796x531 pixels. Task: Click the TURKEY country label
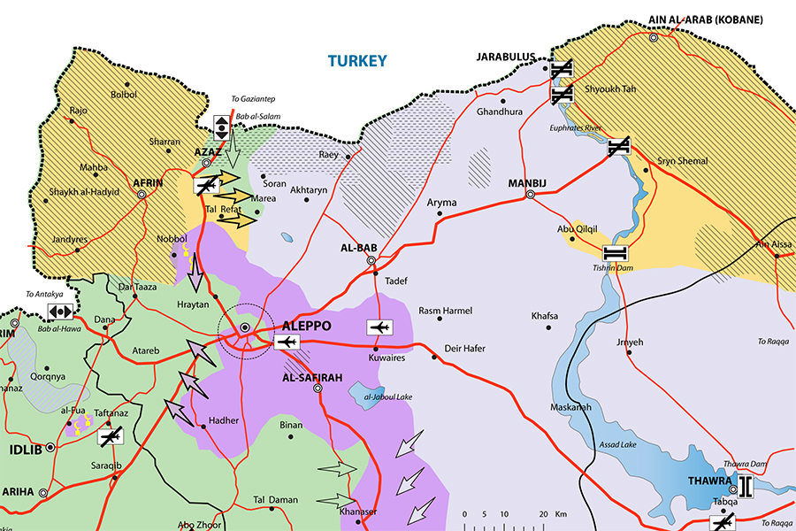[x=357, y=61]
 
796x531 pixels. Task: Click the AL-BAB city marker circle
[x=371, y=260]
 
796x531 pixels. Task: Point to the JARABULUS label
[x=506, y=57]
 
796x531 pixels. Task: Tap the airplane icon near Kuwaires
[x=379, y=328]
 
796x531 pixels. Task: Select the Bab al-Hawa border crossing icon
[x=60, y=312]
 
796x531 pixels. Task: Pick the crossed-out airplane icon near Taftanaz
[x=110, y=435]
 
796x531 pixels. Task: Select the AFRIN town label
[x=147, y=183]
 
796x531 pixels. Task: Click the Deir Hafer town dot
[x=433, y=358]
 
